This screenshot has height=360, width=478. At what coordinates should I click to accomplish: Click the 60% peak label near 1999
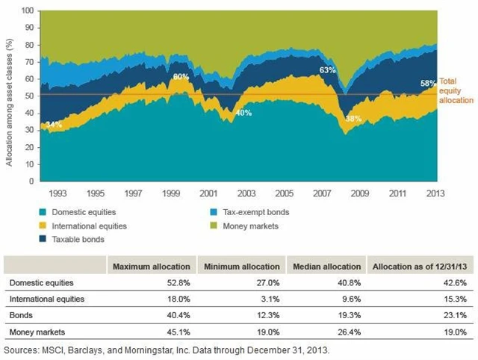click(181, 77)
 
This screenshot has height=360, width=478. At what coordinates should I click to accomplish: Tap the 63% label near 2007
click(327, 70)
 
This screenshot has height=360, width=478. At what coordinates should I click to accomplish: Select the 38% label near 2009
click(354, 118)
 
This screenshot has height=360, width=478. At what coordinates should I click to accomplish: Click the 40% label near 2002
click(243, 113)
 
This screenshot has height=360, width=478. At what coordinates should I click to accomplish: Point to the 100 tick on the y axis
click(28, 11)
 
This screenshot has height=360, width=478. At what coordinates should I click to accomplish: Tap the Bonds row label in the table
click(20, 315)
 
